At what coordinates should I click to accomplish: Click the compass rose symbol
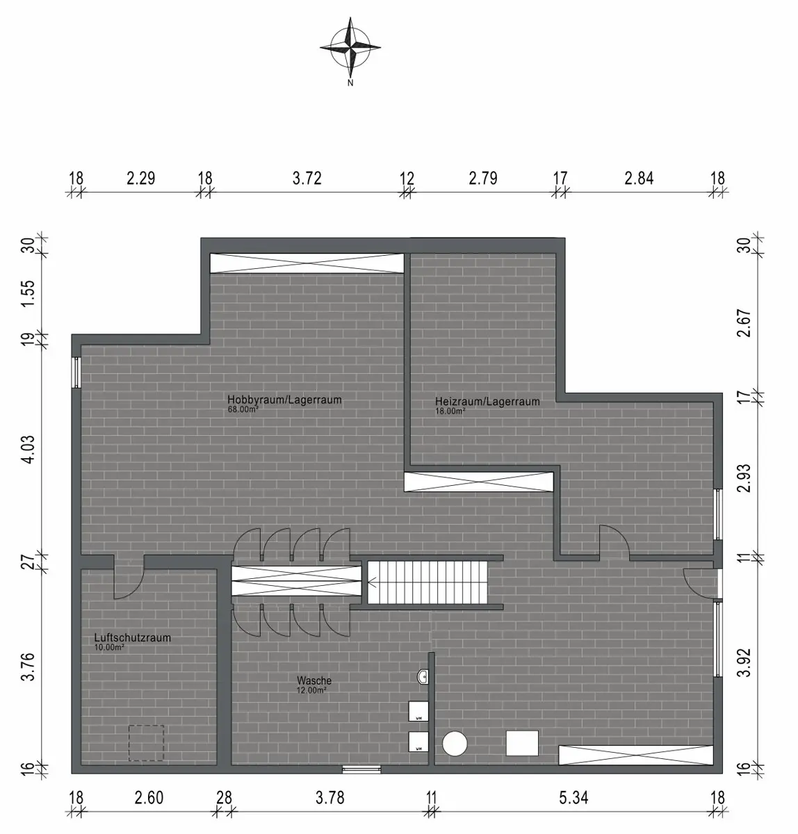[x=350, y=47]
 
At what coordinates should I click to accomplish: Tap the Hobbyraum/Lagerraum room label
[x=284, y=400]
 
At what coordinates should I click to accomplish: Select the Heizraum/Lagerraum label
[x=487, y=402]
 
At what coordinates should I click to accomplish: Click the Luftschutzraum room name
[x=133, y=638]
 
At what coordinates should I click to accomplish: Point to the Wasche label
[x=314, y=680]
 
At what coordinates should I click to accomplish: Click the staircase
[x=427, y=582]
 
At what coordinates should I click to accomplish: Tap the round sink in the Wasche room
[x=422, y=677]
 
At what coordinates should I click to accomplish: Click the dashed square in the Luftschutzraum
[x=146, y=743]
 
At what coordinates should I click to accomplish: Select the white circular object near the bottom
[x=455, y=744]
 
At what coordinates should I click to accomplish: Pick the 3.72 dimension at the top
[x=307, y=179]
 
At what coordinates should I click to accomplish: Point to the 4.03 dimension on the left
[x=28, y=449]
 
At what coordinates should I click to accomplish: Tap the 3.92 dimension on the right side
[x=744, y=662]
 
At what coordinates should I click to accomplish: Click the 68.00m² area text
[x=243, y=410]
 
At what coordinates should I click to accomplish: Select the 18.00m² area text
[x=450, y=411]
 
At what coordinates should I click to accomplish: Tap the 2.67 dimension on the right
[x=744, y=323]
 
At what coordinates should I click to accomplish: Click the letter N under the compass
[x=350, y=83]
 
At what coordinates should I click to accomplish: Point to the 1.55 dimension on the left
[x=28, y=293]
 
